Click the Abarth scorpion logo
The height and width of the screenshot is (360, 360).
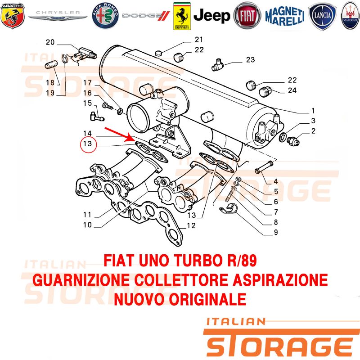(x=13, y=16)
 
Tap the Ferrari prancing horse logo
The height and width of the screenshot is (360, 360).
(x=182, y=16)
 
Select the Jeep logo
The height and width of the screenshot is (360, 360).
(x=211, y=16)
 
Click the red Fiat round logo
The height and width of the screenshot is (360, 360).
(x=247, y=16)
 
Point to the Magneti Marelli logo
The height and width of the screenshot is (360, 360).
(x=285, y=16)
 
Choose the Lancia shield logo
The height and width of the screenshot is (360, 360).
(x=322, y=16)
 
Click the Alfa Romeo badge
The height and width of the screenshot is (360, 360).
(x=105, y=16)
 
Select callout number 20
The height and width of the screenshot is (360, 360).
(x=50, y=42)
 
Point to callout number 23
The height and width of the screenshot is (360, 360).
(x=251, y=60)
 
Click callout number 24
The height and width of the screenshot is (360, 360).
(x=292, y=90)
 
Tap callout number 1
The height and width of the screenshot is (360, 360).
(x=313, y=111)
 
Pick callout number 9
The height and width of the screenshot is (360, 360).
(x=276, y=232)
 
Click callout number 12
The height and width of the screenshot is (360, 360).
(x=191, y=226)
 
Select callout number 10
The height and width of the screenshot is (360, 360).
(x=87, y=225)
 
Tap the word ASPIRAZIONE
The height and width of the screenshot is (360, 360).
(x=280, y=280)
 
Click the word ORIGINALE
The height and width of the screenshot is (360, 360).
(x=208, y=299)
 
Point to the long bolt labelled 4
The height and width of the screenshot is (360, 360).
(x=264, y=167)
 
